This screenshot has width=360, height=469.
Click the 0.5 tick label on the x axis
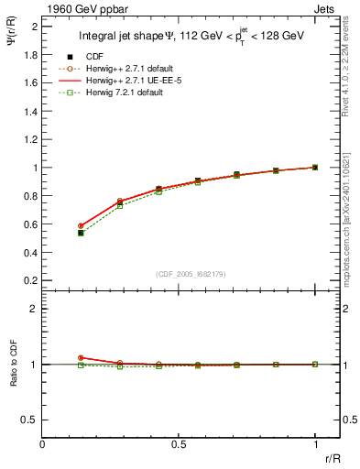point(179,444)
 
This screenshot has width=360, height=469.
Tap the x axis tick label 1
point(315,444)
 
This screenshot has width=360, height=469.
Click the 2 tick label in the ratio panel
point(35,310)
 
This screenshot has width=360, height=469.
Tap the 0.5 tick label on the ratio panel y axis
point(30,420)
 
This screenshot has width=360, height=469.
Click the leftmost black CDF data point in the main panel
point(81,233)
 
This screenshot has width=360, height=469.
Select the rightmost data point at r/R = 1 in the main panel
point(315,168)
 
